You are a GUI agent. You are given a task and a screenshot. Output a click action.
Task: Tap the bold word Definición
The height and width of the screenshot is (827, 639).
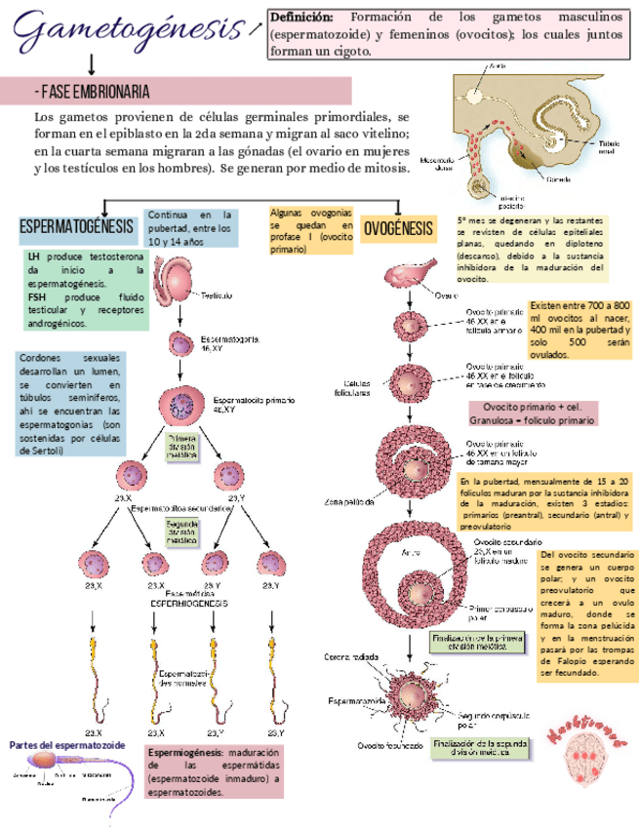301,18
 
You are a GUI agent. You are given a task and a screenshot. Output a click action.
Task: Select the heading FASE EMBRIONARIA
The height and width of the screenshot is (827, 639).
92,92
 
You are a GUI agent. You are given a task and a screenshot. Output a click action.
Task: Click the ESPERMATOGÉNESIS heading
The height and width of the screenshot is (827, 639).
76,227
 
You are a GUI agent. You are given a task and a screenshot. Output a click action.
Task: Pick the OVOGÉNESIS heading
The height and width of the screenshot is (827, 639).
398,229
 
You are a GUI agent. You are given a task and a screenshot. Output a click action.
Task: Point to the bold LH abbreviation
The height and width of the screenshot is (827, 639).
33,256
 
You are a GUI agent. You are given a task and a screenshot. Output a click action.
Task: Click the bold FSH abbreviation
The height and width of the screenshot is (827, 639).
38,296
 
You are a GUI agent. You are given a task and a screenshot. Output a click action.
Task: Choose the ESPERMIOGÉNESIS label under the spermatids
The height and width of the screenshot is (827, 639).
188,604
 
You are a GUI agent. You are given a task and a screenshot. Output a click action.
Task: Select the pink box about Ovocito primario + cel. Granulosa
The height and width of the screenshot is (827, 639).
533,413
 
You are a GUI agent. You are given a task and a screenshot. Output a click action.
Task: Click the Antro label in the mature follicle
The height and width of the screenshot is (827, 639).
411,553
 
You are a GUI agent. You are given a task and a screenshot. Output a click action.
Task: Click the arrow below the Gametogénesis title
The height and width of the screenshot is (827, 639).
92,63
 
